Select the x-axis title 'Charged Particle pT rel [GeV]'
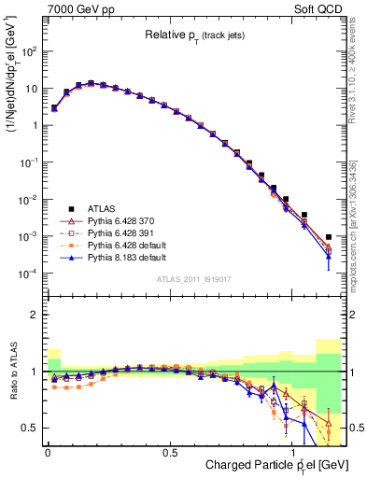271,465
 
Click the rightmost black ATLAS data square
328,237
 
